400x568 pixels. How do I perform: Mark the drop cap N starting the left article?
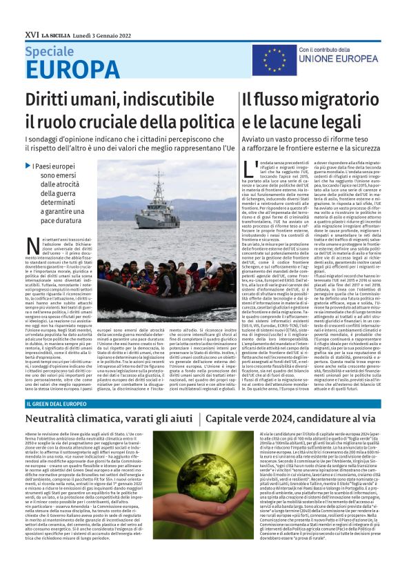[x=31, y=243]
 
